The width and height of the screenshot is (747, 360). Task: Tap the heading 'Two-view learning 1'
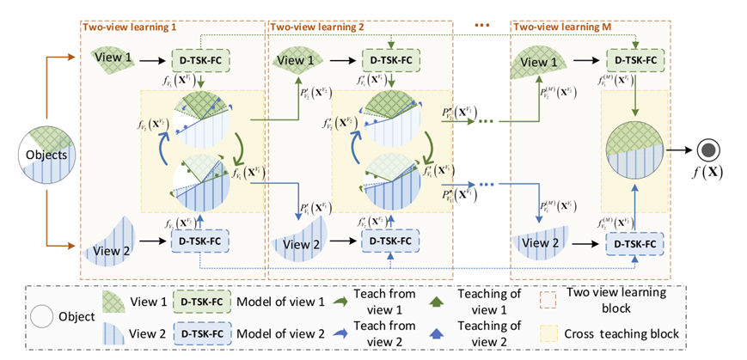pos(128,27)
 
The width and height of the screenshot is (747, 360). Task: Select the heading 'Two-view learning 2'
pos(317,27)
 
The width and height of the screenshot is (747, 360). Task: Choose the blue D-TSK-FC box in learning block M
pos(635,243)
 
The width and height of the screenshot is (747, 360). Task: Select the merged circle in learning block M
pos(635,154)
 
